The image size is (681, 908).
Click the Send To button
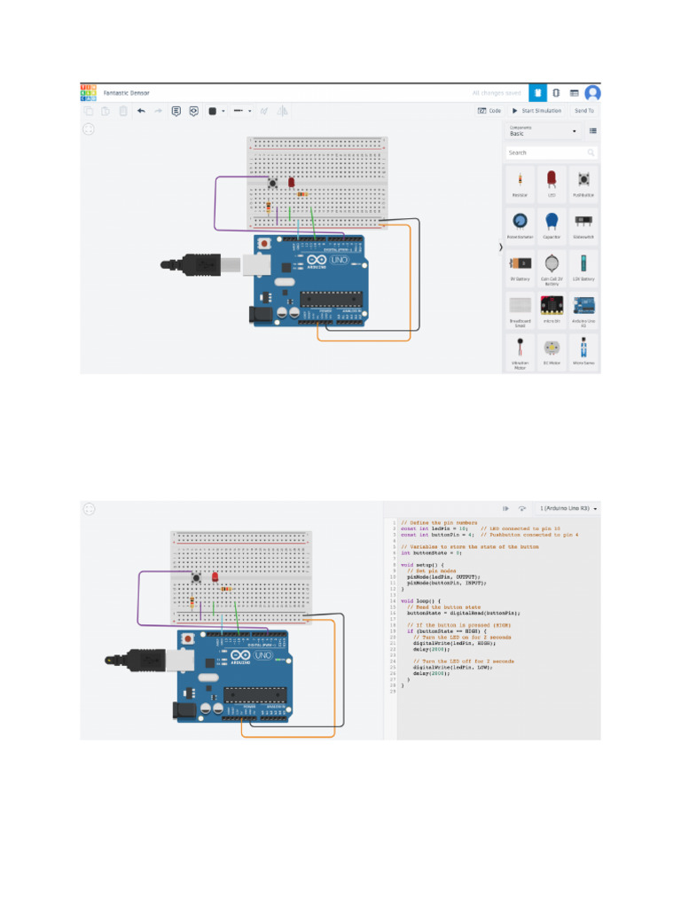click(584, 111)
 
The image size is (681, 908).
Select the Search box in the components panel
click(546, 153)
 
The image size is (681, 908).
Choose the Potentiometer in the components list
click(520, 223)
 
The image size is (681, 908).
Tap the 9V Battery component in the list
click(520, 266)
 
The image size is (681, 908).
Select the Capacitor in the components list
click(552, 223)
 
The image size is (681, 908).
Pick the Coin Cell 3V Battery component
click(552, 266)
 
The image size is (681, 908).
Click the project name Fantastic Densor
click(126, 92)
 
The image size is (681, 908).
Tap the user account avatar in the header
click(592, 92)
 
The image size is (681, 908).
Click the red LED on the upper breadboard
click(291, 182)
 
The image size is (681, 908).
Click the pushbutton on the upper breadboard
click(272, 184)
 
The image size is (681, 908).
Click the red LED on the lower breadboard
click(215, 577)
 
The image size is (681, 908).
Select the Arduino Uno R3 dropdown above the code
click(568, 508)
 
